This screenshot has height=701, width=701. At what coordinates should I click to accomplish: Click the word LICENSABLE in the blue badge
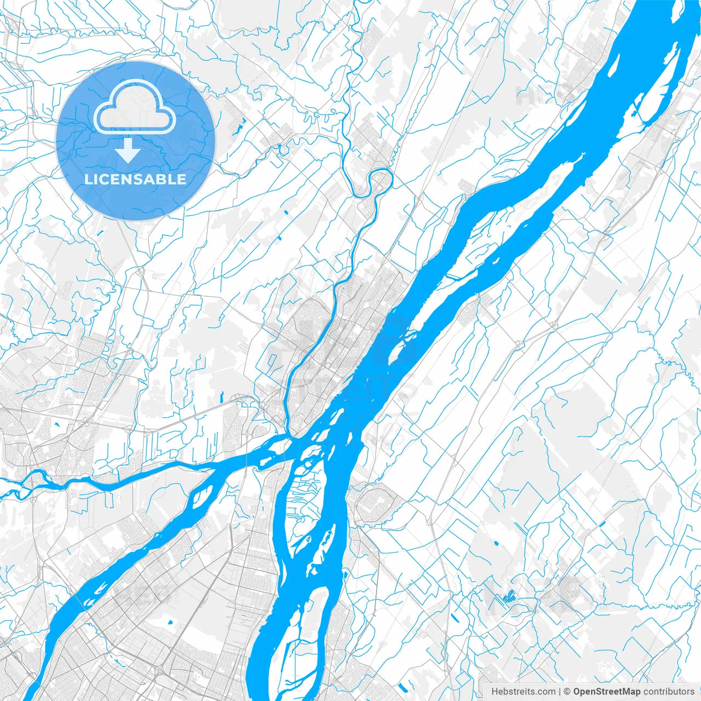pyautogui.click(x=135, y=180)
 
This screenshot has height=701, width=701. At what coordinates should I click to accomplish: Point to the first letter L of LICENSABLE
pyautogui.click(x=88, y=180)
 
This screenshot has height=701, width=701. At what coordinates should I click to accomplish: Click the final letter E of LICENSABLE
pyautogui.click(x=182, y=180)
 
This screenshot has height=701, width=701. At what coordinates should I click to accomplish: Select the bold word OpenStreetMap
pyautogui.click(x=607, y=692)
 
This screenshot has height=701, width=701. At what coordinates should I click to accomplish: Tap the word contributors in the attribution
pyautogui.click(x=669, y=692)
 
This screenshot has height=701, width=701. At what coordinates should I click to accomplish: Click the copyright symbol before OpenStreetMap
pyautogui.click(x=567, y=692)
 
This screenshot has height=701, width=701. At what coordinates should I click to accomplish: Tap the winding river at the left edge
pyautogui.click(x=22, y=487)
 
